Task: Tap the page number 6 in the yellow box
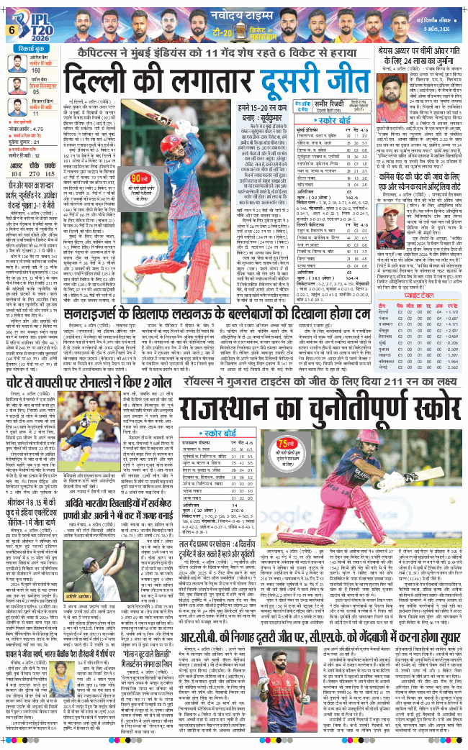pyautogui.click(x=12, y=29)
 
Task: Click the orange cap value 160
pyautogui.click(x=35, y=70)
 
